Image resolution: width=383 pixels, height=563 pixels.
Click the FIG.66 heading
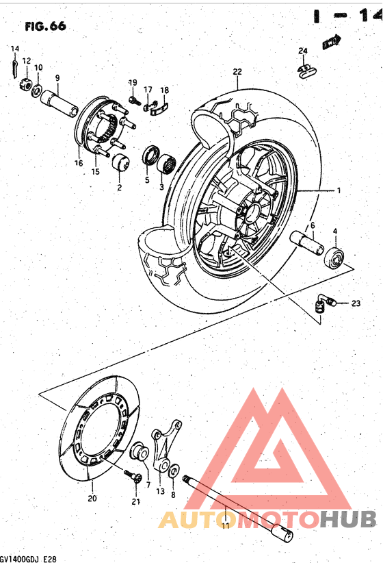click(x=45, y=27)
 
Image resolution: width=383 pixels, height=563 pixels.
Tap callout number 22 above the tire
click(x=237, y=72)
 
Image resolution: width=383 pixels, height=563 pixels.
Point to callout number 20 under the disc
click(x=92, y=499)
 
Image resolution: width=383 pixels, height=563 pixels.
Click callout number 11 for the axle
click(x=225, y=526)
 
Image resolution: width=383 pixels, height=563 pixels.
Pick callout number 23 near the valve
click(x=355, y=303)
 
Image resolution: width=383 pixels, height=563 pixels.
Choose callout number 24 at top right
click(x=303, y=51)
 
